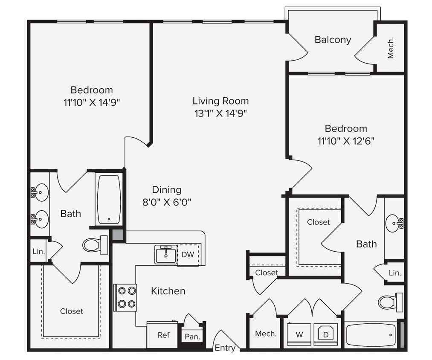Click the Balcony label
click(333, 40)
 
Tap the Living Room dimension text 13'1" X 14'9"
click(220, 113)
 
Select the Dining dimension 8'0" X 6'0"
click(167, 201)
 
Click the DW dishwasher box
click(188, 255)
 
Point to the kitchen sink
click(165, 255)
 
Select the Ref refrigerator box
click(163, 335)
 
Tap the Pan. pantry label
click(193, 337)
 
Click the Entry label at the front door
click(225, 348)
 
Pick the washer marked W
click(299, 335)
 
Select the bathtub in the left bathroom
click(109, 199)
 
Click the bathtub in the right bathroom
click(371, 335)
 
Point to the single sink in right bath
click(393, 223)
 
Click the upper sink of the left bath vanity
click(41, 192)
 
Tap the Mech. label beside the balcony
click(390, 47)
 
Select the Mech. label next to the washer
click(266, 334)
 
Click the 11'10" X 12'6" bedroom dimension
click(346, 140)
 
